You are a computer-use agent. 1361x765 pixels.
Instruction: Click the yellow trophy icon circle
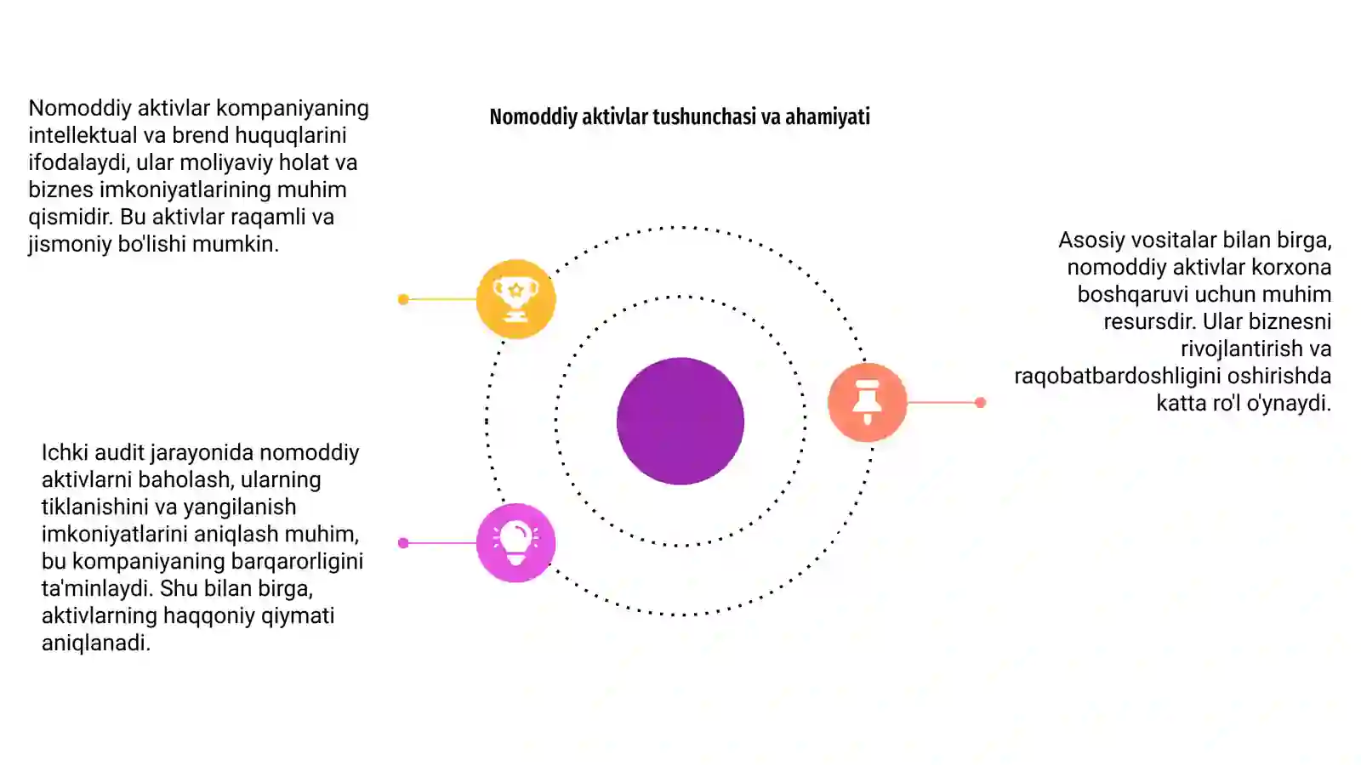click(x=515, y=298)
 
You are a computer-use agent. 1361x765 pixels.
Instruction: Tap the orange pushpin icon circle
click(x=867, y=402)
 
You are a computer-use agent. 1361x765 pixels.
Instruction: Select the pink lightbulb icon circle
click(x=515, y=543)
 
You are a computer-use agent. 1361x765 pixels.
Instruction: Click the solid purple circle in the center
click(x=680, y=421)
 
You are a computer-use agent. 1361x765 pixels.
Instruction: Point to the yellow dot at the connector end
click(x=403, y=299)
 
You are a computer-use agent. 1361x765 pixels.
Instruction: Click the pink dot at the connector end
click(x=403, y=543)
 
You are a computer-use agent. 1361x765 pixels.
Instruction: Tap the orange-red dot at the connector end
click(x=980, y=402)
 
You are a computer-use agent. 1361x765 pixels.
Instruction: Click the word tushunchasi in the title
click(x=704, y=116)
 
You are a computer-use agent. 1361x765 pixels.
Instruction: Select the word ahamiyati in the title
click(x=828, y=116)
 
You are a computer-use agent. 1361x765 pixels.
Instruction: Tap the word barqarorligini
click(x=297, y=561)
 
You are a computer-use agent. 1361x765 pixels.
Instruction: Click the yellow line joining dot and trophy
click(x=442, y=299)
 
